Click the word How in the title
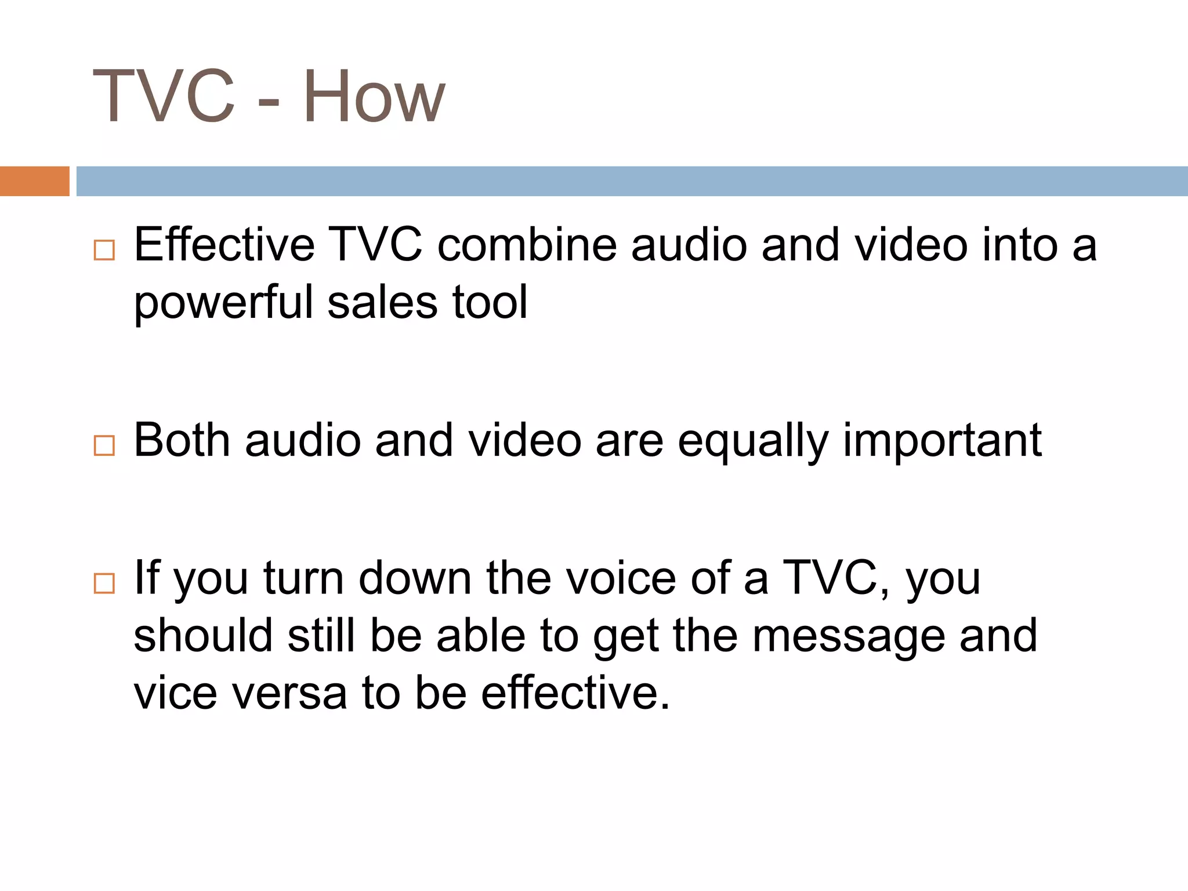pyautogui.click(x=374, y=97)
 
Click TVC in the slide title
pyautogui.click(x=164, y=97)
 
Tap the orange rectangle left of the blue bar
pyautogui.click(x=34, y=181)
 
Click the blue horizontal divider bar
pyautogui.click(x=632, y=181)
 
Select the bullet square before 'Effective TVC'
pyautogui.click(x=104, y=250)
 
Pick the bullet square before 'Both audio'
pyautogui.click(x=104, y=445)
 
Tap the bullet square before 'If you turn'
pyautogui.click(x=104, y=582)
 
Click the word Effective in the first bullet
pyautogui.click(x=224, y=245)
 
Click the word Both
pyautogui.click(x=182, y=440)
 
